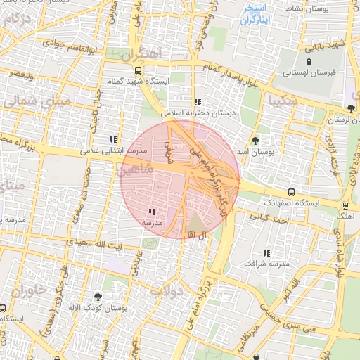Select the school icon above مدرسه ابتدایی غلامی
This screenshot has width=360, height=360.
click(114, 139)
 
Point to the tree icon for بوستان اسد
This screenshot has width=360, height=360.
click(255, 140)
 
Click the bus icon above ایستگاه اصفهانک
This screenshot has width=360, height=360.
click(292, 192)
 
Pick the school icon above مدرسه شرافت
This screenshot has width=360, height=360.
click(266, 253)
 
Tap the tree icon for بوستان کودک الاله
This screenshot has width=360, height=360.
click(97, 297)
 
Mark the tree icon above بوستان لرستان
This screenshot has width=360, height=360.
click(350, 108)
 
